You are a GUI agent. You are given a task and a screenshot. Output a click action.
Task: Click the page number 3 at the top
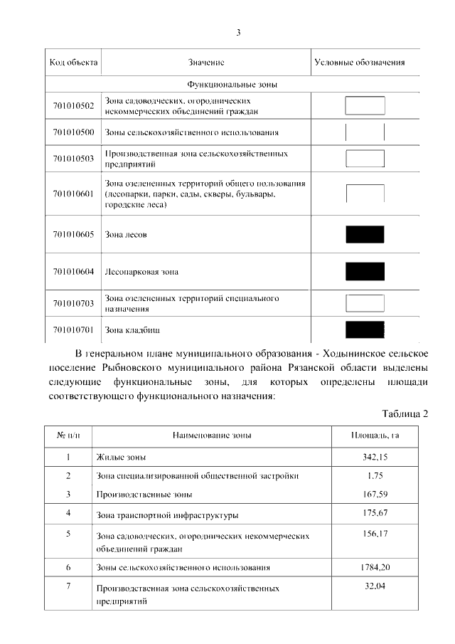[x=239, y=32]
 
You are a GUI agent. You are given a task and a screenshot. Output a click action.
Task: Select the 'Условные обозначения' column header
[x=359, y=63]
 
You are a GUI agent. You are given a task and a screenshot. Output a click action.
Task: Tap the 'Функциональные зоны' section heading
[x=232, y=85]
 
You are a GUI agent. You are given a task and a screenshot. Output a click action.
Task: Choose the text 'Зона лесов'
[x=126, y=235]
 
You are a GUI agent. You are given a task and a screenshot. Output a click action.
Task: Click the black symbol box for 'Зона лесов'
[x=365, y=234]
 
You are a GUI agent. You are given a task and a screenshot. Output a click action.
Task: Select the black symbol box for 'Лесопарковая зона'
[x=365, y=271]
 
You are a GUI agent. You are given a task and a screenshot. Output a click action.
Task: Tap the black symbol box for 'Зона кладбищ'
[x=365, y=329]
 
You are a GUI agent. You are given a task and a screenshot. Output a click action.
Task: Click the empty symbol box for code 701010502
[x=365, y=105]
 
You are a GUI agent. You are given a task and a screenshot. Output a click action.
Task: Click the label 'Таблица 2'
[x=405, y=414]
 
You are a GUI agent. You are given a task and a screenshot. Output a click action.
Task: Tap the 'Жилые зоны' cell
[x=125, y=458]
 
